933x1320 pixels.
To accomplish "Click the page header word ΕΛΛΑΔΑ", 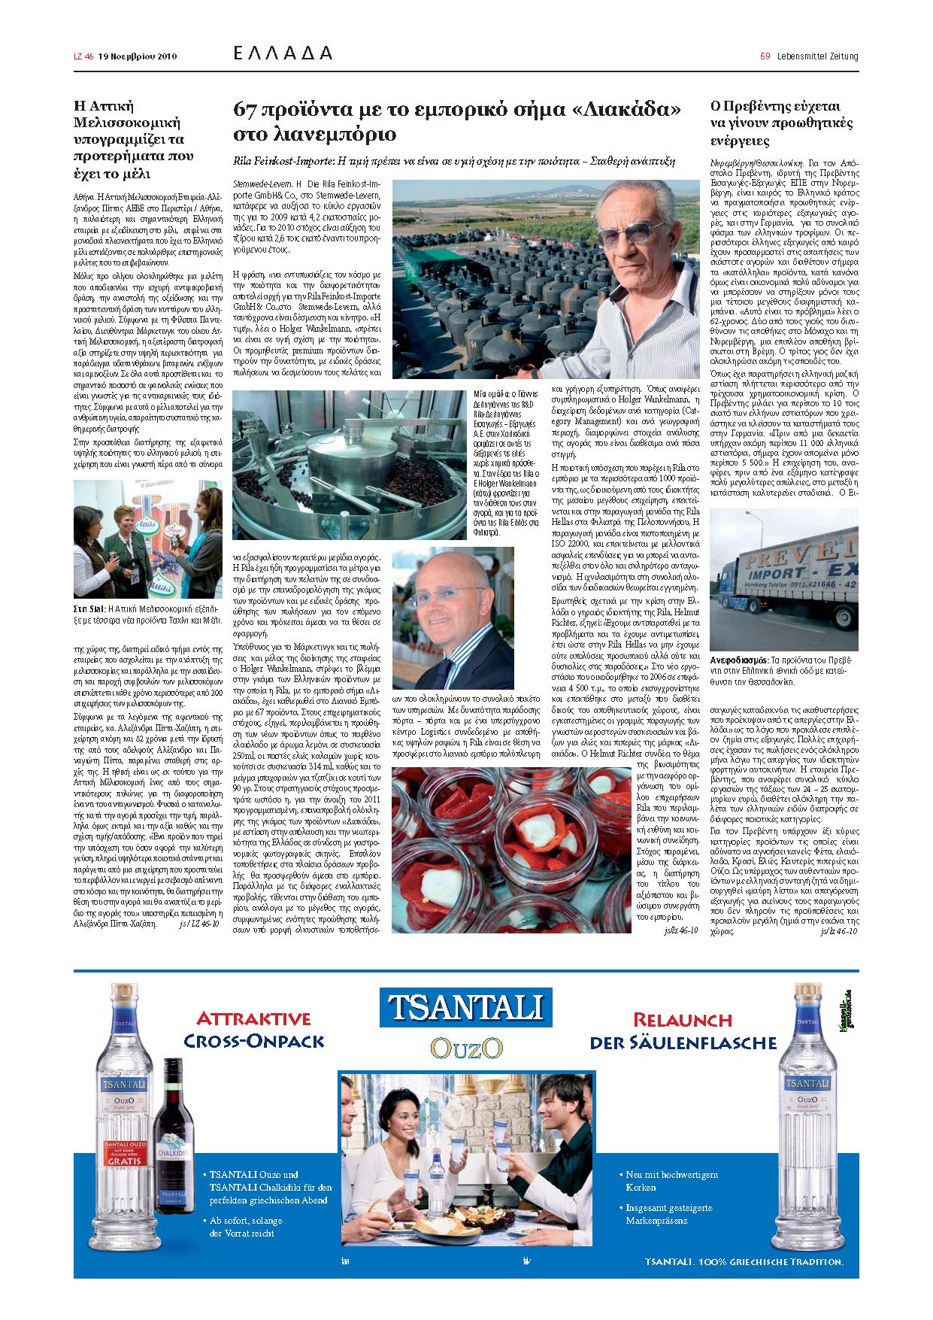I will (283, 53).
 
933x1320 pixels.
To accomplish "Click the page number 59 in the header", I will (765, 56).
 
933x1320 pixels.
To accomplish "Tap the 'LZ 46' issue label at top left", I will (83, 56).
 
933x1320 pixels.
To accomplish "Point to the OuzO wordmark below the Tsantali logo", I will (466, 1048).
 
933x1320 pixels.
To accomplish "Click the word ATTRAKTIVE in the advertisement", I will (253, 1019).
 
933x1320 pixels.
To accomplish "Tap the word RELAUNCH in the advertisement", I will (682, 1021).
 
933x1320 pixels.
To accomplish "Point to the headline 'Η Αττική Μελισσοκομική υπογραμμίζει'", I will (134, 140).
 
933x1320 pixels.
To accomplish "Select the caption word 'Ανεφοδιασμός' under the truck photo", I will (740, 660).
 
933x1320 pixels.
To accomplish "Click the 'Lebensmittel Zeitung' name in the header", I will (817, 56).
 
